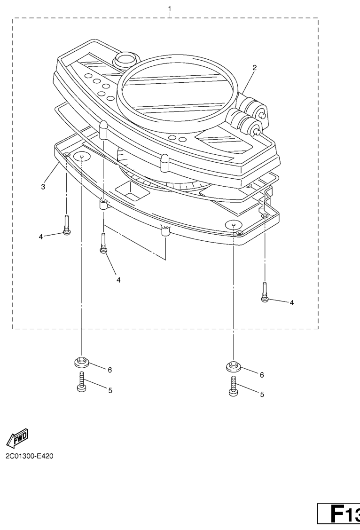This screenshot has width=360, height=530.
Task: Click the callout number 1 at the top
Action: pos(169,8)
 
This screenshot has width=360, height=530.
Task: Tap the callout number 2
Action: pos(254,67)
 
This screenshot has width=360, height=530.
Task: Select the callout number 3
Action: pos(43,187)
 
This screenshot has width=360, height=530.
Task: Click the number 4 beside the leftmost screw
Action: pos(41,237)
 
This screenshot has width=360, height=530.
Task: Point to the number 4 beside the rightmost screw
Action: pos(291,302)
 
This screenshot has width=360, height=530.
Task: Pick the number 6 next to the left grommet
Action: pos(110,370)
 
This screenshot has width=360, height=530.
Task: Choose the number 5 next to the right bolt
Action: pos(262,394)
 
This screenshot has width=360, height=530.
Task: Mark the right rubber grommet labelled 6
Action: pos(234,366)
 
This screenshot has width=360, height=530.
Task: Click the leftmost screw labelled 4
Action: pos(67,225)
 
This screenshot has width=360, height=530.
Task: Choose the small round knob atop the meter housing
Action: pos(125,60)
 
